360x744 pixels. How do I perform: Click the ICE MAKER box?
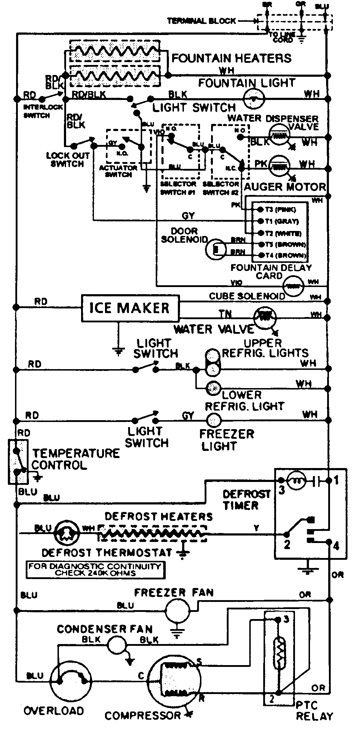130,308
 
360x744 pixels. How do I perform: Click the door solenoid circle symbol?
215,249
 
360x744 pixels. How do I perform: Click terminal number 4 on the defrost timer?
336,546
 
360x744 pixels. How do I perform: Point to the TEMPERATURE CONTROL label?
76,459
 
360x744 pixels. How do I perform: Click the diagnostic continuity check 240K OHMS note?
95,570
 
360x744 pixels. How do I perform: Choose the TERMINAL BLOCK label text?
202,21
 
